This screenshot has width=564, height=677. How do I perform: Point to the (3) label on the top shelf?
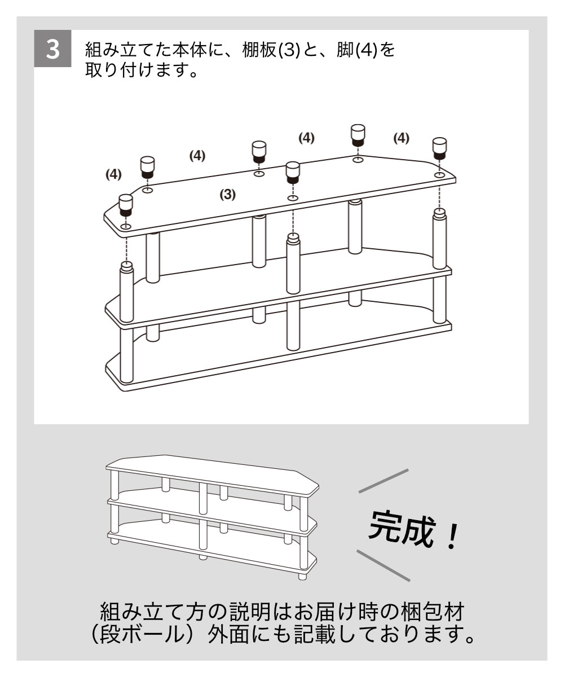pos(227,195)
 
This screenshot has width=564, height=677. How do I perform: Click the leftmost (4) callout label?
pos(114,174)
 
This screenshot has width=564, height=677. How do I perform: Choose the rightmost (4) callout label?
pos(401,138)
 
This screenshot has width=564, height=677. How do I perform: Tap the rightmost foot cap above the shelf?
pos(440,148)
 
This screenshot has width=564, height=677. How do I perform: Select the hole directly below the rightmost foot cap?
pos(440,175)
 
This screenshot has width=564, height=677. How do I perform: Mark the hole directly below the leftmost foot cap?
pos(125,227)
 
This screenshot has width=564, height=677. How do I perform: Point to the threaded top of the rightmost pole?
pos(440,215)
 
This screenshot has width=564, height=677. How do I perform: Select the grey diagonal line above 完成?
pos(384,481)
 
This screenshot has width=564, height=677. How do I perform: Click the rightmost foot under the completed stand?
pos(301,575)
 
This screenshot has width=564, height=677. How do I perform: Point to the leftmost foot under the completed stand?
pos(115,541)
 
